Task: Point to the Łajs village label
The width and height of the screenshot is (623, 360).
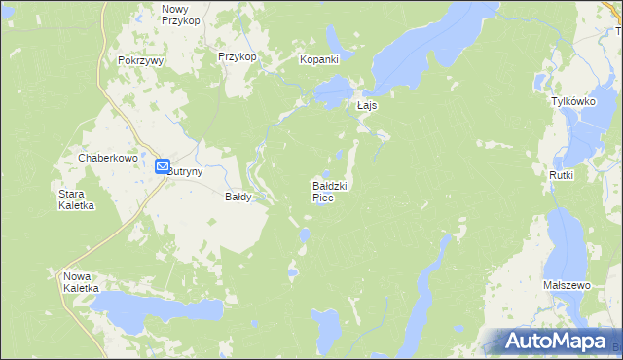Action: (367, 105)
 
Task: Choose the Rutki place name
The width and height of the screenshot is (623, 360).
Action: (562, 175)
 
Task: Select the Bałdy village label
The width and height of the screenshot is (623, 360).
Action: (238, 197)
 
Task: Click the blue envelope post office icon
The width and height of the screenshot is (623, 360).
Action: (163, 166)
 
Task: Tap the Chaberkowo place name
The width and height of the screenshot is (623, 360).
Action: (105, 157)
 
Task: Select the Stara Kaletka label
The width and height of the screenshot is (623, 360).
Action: (75, 199)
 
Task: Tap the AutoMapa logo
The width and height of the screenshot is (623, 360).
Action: (555, 341)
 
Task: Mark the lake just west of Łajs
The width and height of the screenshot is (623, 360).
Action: (331, 94)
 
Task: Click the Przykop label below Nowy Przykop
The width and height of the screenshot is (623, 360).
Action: (238, 56)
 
